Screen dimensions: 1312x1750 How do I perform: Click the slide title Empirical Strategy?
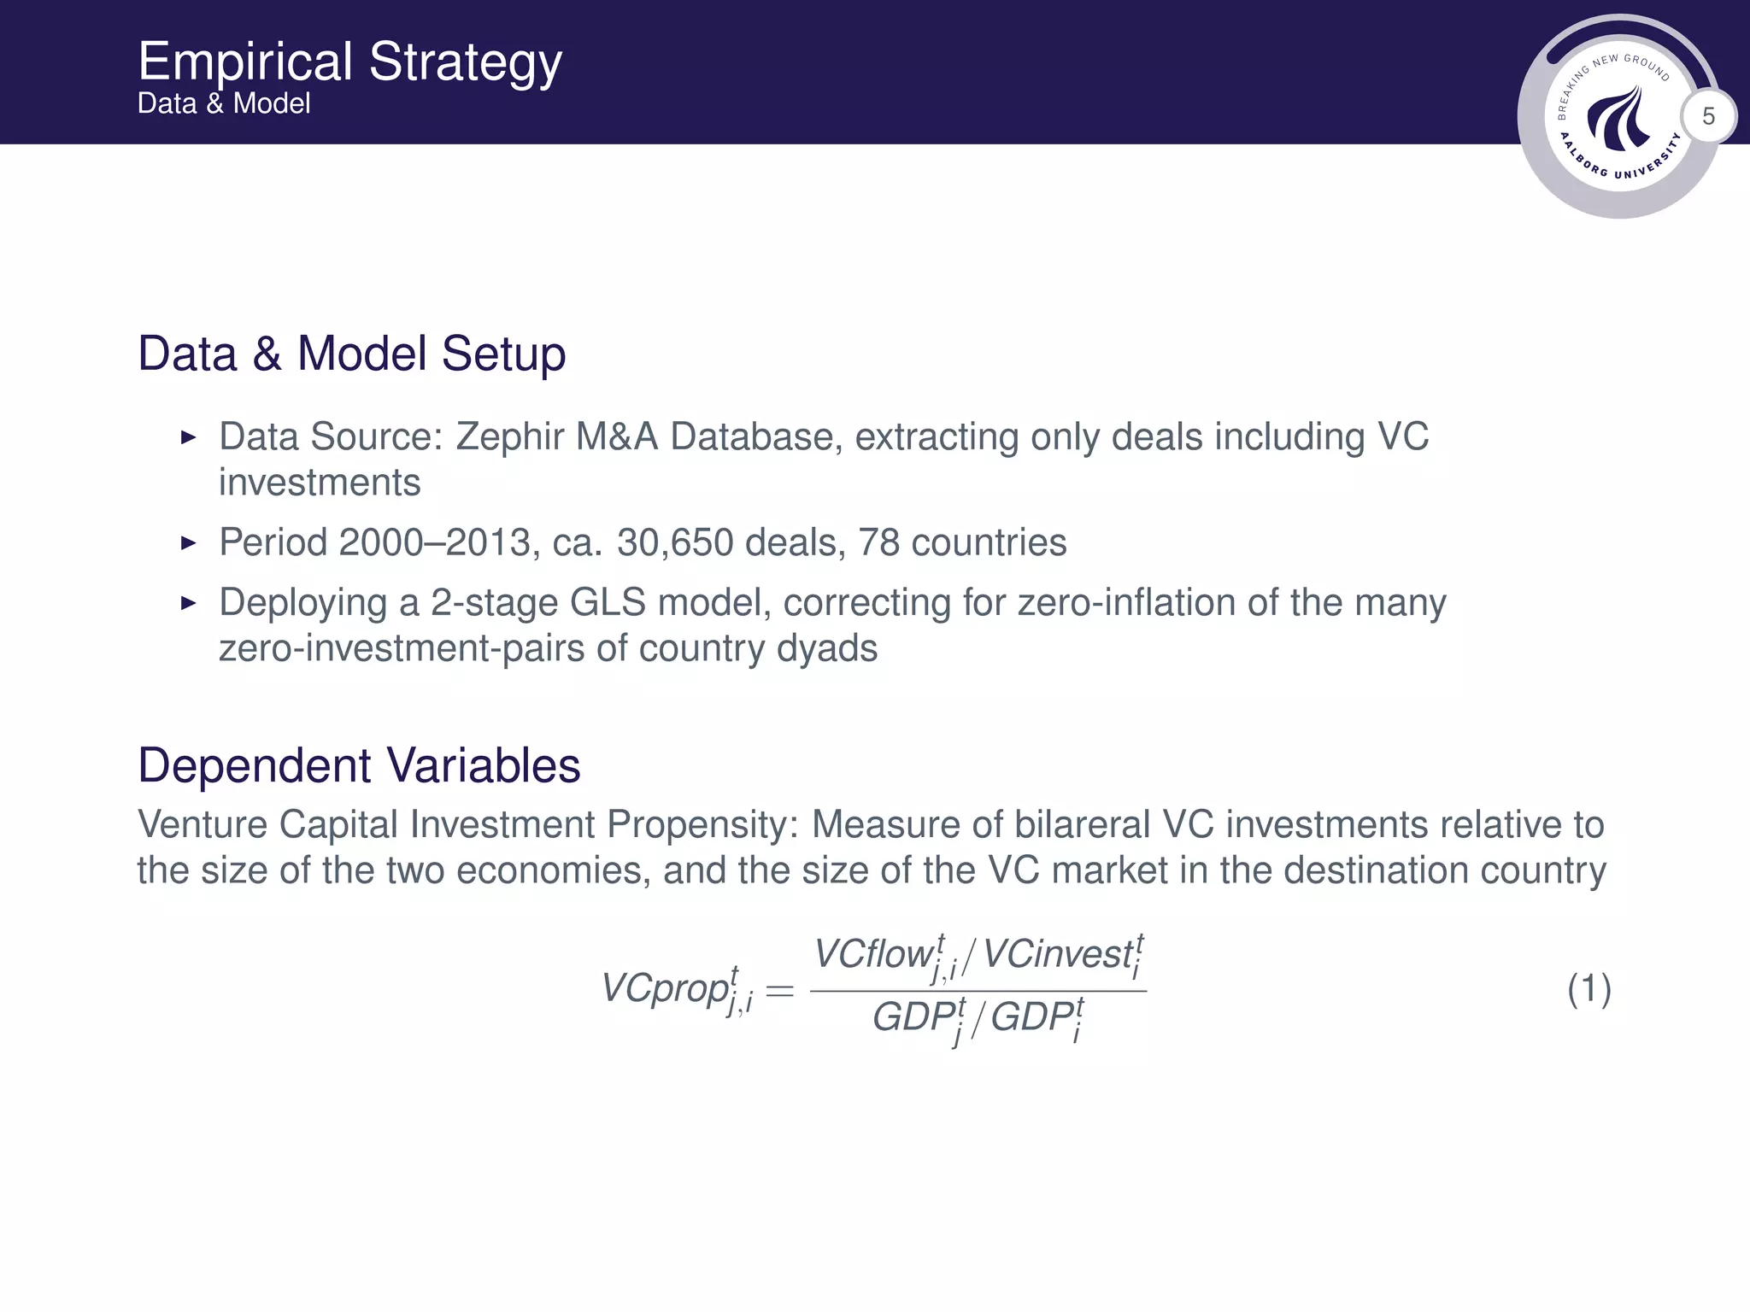point(349,61)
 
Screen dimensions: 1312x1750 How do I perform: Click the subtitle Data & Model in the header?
point(224,103)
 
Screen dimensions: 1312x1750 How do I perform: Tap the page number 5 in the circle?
point(1708,116)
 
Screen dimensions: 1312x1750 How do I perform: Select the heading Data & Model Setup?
point(351,354)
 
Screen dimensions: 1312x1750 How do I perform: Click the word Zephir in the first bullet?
point(510,436)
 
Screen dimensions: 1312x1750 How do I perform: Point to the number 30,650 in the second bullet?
point(675,542)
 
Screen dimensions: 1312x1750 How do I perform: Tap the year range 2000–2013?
point(434,542)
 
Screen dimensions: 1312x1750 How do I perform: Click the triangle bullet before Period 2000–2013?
point(189,543)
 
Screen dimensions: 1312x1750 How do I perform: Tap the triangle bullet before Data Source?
point(189,437)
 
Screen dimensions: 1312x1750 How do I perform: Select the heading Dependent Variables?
point(359,765)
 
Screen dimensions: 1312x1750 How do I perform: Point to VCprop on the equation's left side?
point(667,989)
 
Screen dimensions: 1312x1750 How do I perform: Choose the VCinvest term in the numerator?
point(1057,954)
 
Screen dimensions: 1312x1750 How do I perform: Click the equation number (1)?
point(1589,989)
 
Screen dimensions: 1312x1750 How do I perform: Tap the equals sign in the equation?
point(779,991)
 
